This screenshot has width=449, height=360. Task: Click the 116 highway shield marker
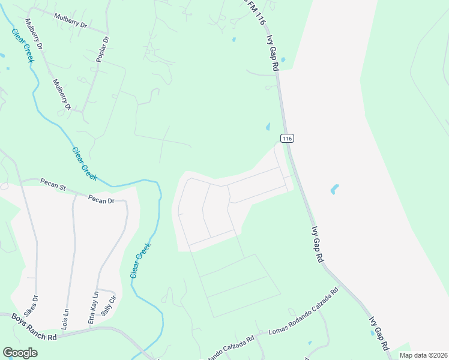pyautogui.click(x=287, y=138)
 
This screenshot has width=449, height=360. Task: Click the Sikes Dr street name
pyautogui.click(x=35, y=306)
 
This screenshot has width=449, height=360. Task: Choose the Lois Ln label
pyautogui.click(x=65, y=318)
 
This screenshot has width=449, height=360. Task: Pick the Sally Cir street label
pyautogui.click(x=108, y=307)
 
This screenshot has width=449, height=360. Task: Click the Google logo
pyautogui.click(x=20, y=352)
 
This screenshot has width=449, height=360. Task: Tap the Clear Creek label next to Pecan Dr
pyautogui.click(x=84, y=164)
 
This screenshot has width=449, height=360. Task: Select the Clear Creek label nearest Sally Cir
pyautogui.click(x=140, y=260)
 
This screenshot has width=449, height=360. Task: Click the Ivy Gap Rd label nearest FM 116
pyautogui.click(x=273, y=53)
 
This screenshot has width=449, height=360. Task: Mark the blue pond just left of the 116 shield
pyautogui.click(x=267, y=127)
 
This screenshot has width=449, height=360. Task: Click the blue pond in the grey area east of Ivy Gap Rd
pyautogui.click(x=334, y=189)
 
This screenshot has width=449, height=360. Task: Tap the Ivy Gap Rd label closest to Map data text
pyautogui.click(x=379, y=334)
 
